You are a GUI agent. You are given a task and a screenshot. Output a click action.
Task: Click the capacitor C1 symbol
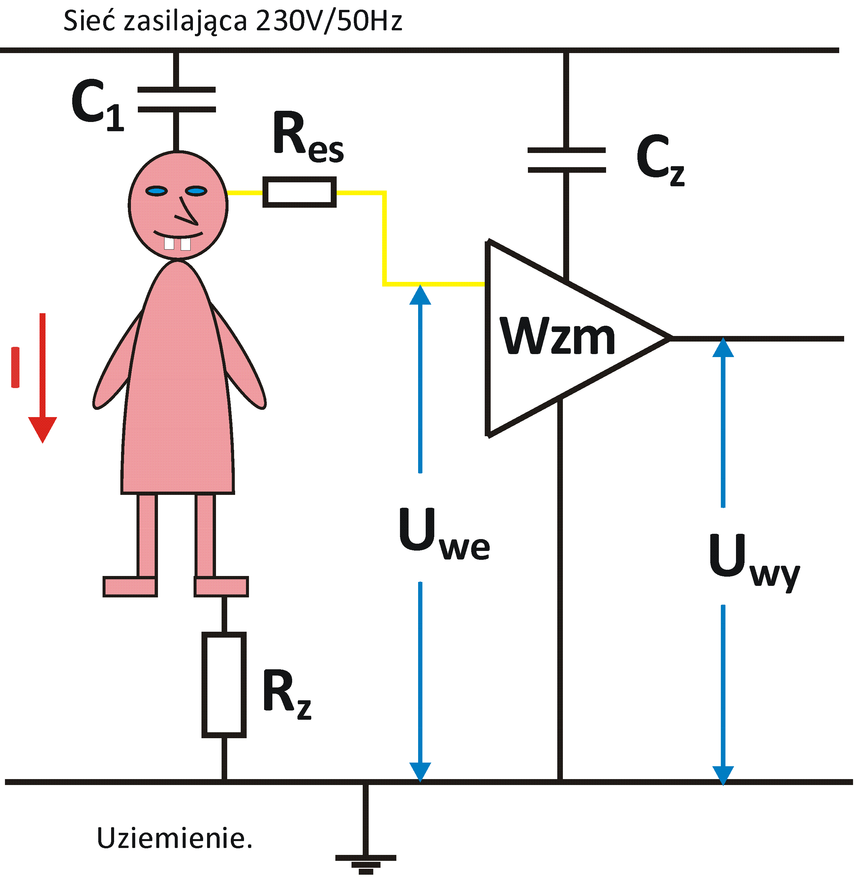click(x=176, y=100)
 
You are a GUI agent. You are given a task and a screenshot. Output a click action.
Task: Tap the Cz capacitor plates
click(x=567, y=160)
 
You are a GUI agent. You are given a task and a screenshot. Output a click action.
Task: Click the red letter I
click(x=15, y=367)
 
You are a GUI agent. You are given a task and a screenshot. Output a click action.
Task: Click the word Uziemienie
click(x=174, y=838)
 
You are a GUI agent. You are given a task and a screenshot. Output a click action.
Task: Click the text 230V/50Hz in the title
click(x=329, y=21)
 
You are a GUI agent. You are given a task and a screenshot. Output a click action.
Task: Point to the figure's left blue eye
click(x=156, y=192)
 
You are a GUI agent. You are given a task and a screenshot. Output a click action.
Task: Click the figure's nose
click(x=187, y=212)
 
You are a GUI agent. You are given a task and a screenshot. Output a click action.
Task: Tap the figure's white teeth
click(x=177, y=244)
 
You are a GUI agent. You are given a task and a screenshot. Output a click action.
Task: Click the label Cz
click(x=660, y=160)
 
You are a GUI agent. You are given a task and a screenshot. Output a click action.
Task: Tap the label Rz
click(x=287, y=694)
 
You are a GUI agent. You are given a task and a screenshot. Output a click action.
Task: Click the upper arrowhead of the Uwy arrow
click(x=723, y=348)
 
